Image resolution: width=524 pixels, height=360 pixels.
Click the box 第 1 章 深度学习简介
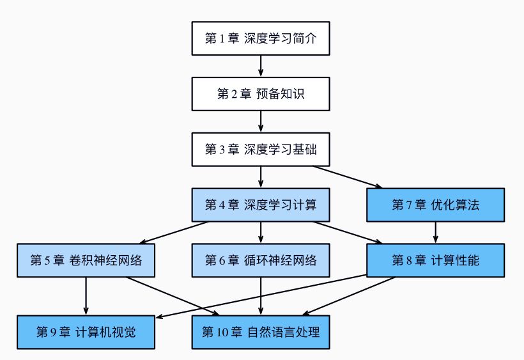point(261,38)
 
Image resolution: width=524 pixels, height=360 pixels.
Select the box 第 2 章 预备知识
point(261,94)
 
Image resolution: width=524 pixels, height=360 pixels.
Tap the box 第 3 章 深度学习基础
point(261,150)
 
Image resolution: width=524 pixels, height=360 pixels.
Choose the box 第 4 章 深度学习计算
point(261,205)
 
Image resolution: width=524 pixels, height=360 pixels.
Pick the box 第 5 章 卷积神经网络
point(86,260)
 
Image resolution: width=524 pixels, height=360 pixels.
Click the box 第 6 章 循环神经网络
point(261,260)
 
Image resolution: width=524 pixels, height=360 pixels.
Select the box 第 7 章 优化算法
point(435,205)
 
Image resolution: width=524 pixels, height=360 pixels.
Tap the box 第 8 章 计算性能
point(435,260)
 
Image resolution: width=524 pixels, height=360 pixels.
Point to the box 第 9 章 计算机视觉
point(86,332)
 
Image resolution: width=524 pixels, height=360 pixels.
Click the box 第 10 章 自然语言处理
point(261,332)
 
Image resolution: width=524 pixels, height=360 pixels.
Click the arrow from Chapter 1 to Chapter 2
point(261,66)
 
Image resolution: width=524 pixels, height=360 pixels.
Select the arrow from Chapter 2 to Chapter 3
point(261,121)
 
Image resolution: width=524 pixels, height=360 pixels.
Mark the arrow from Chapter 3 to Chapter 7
point(348,177)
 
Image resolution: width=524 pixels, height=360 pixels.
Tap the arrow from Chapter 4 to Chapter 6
point(261,232)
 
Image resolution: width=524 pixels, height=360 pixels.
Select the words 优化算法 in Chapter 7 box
point(455,205)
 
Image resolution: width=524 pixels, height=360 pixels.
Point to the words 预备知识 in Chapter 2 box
point(280,95)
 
